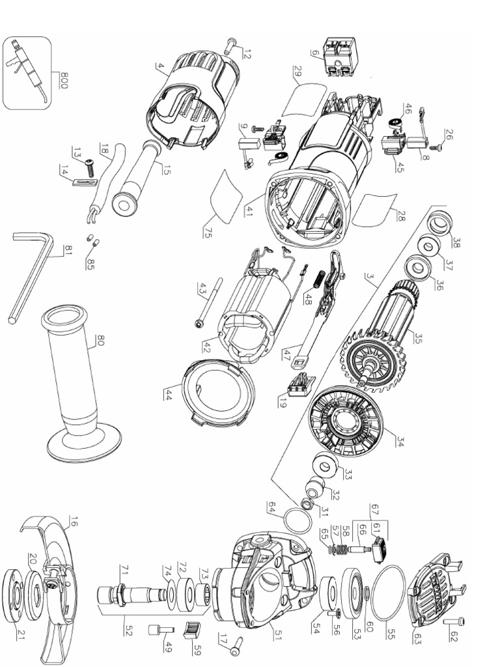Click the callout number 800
[x=64, y=81]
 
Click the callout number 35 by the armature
[x=418, y=339]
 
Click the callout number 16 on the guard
[x=73, y=521]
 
